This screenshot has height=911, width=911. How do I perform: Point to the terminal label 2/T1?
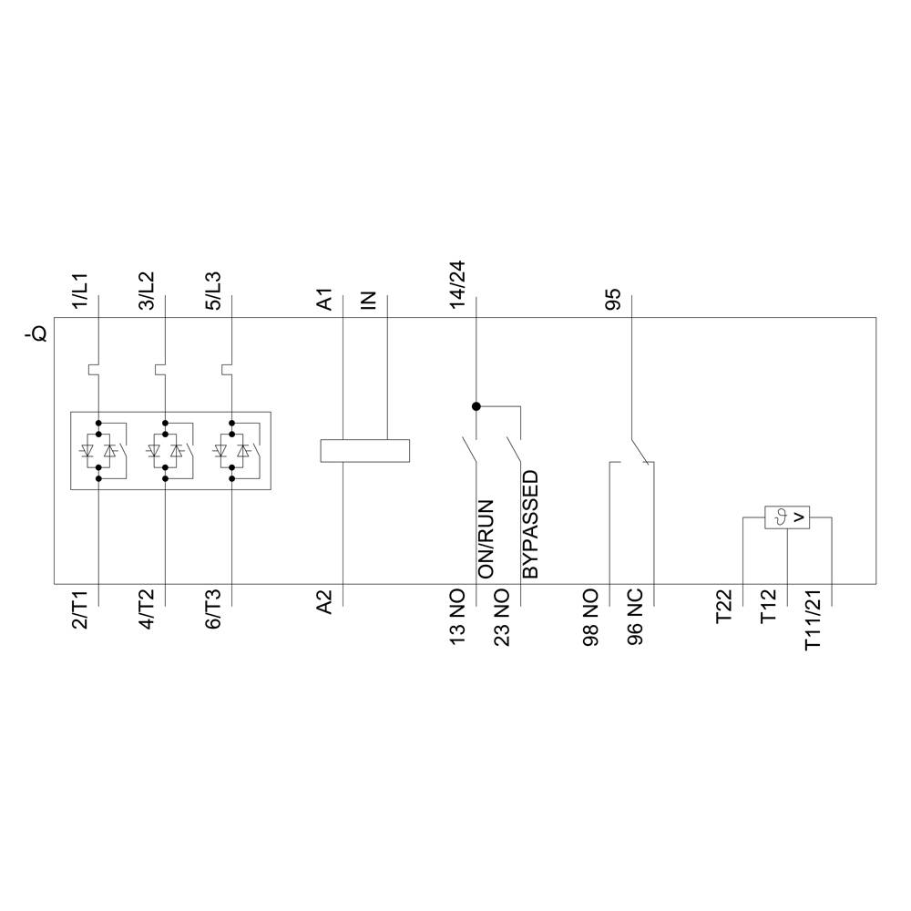pyautogui.click(x=80, y=609)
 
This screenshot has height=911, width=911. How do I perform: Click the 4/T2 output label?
pyautogui.click(x=147, y=609)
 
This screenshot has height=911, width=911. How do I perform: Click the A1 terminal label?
pyautogui.click(x=325, y=299)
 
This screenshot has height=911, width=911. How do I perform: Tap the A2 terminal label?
pyautogui.click(x=325, y=601)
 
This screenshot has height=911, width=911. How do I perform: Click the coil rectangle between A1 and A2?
pyautogui.click(x=365, y=451)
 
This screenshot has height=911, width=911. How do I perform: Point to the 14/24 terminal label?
pyautogui.click(x=458, y=285)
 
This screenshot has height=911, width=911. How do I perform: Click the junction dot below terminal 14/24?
pyautogui.click(x=476, y=406)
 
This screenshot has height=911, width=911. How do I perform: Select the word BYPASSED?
pyautogui.click(x=530, y=525)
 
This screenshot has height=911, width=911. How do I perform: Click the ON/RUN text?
pyautogui.click(x=486, y=538)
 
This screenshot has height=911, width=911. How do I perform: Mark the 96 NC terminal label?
pyautogui.click(x=636, y=618)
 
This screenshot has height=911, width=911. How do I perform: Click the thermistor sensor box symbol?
pyautogui.click(x=787, y=517)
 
